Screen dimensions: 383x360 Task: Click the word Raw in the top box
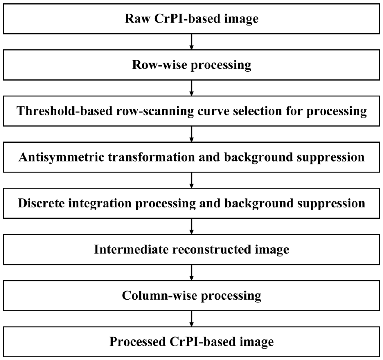point(138,18)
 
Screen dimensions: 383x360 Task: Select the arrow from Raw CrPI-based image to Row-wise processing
point(191,42)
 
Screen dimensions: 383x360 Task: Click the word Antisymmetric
point(61,157)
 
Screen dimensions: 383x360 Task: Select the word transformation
point(152,157)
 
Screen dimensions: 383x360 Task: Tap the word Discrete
point(41,203)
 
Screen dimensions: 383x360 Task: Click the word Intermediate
point(131,249)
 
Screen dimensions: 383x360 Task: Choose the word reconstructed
point(212,249)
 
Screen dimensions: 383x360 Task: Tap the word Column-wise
point(159,295)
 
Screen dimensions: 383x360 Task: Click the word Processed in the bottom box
point(138,342)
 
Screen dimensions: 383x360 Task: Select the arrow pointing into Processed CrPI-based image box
point(191,319)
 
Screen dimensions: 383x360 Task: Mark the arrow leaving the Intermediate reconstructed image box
point(191,273)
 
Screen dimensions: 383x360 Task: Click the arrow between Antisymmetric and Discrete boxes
point(191,180)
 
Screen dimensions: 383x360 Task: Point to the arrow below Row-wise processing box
point(191,88)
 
